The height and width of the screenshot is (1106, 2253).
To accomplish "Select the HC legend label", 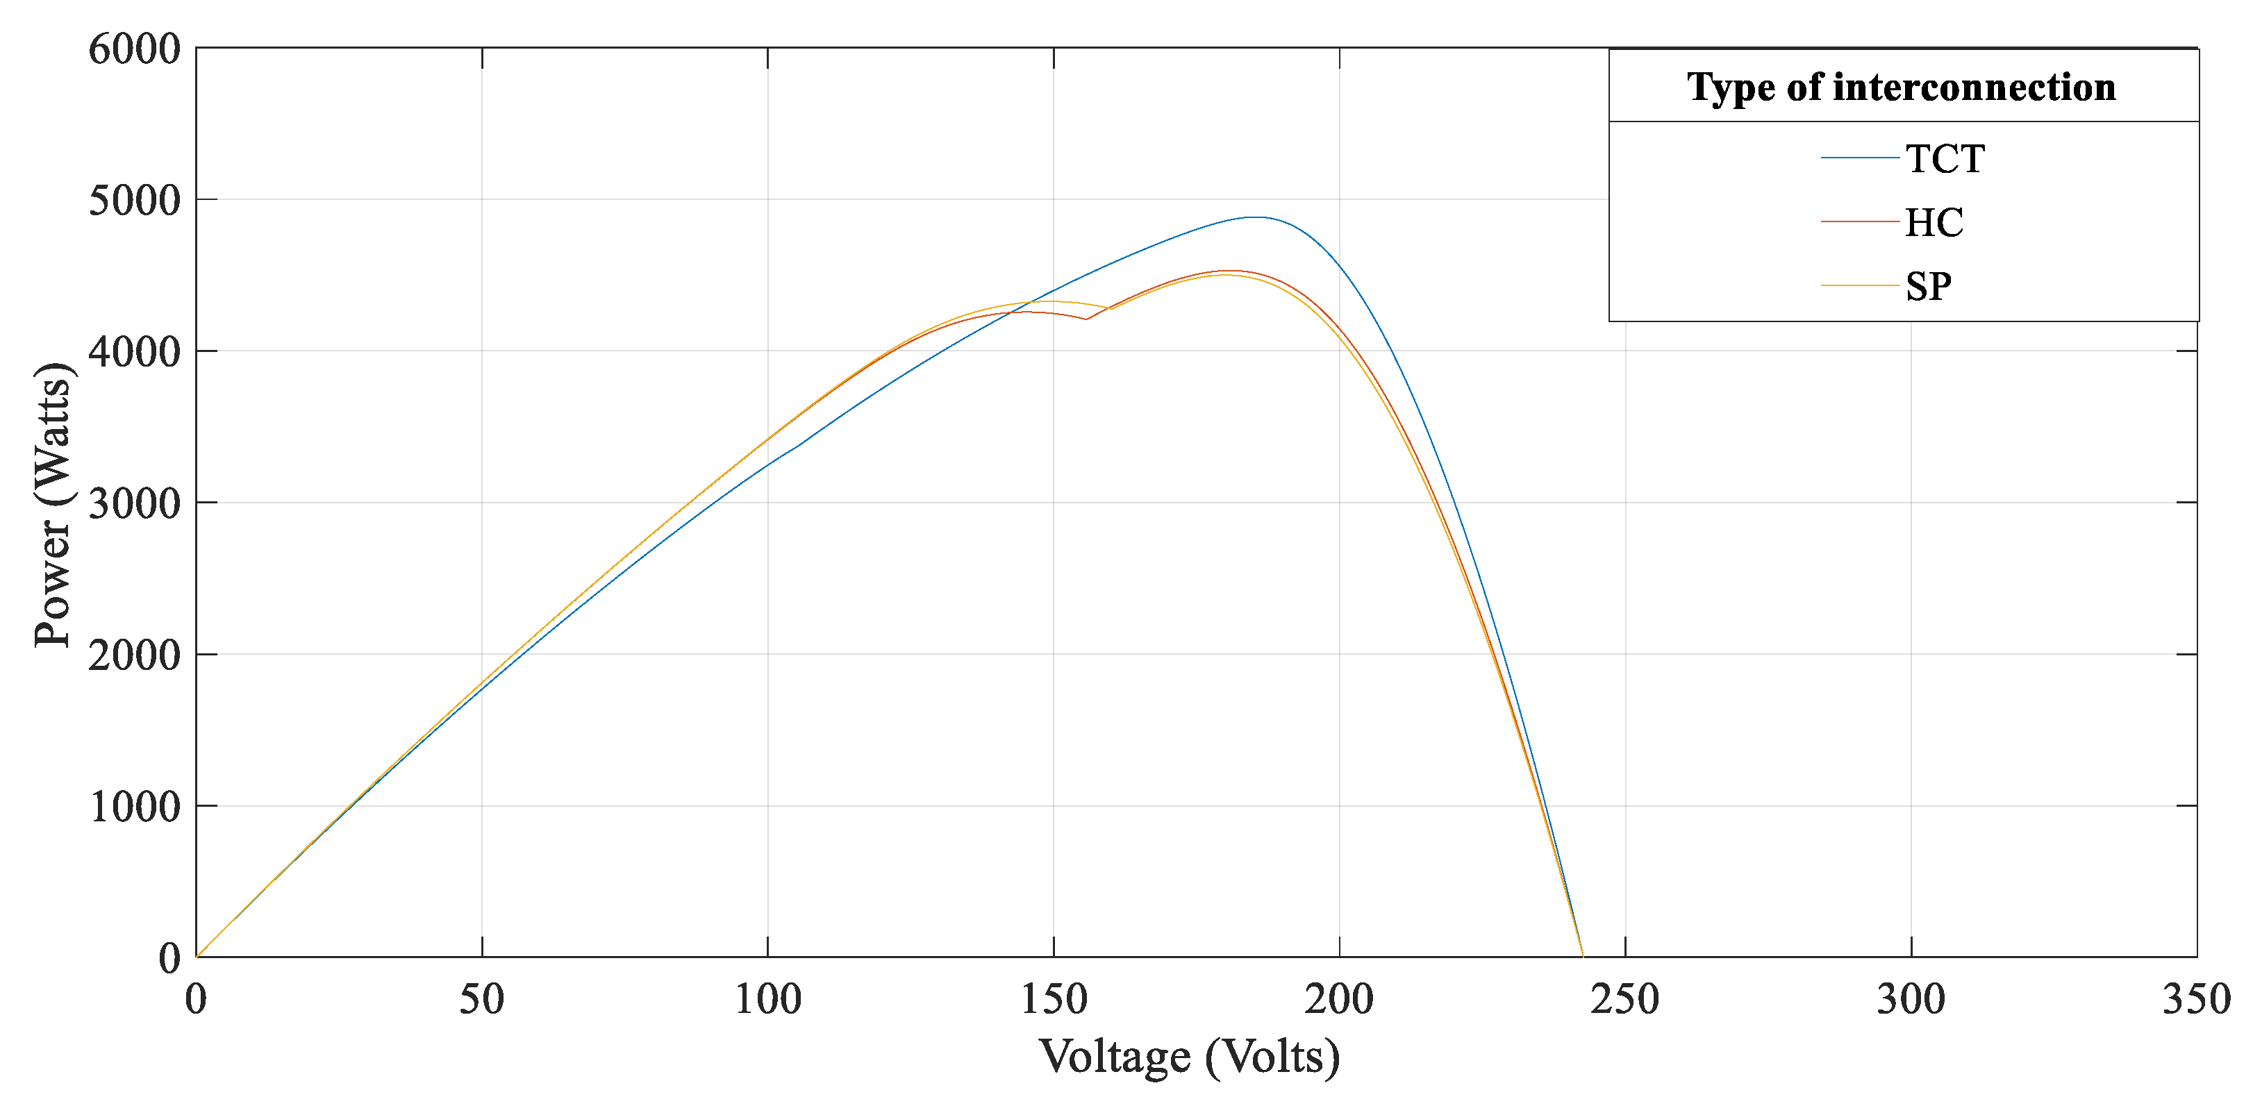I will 1934,223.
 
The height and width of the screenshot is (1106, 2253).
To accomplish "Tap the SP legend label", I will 1928,287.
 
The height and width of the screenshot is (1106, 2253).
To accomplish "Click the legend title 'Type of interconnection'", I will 1902,87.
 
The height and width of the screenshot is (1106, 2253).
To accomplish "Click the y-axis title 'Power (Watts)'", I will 53,505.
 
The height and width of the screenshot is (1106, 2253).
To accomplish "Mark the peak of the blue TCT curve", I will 1255,217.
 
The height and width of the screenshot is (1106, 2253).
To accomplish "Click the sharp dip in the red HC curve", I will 1086,319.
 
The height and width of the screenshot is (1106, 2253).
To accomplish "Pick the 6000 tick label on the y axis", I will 135,49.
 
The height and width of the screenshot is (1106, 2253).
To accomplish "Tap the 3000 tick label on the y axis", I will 135,503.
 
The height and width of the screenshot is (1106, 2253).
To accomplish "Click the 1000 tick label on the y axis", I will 135,806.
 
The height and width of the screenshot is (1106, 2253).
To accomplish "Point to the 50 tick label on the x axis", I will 482,998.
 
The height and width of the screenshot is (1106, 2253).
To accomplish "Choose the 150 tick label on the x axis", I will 1054,998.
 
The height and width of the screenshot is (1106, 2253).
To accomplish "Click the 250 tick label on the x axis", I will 1625,998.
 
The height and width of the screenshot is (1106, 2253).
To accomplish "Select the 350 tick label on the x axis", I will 2196,998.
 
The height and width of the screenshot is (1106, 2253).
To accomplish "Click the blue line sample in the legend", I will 1859,158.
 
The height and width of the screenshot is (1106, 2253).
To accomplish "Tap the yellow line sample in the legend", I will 1859,286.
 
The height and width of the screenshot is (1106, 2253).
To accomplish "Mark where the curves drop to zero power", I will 1582,955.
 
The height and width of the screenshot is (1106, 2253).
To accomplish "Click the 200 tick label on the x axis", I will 1339,998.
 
